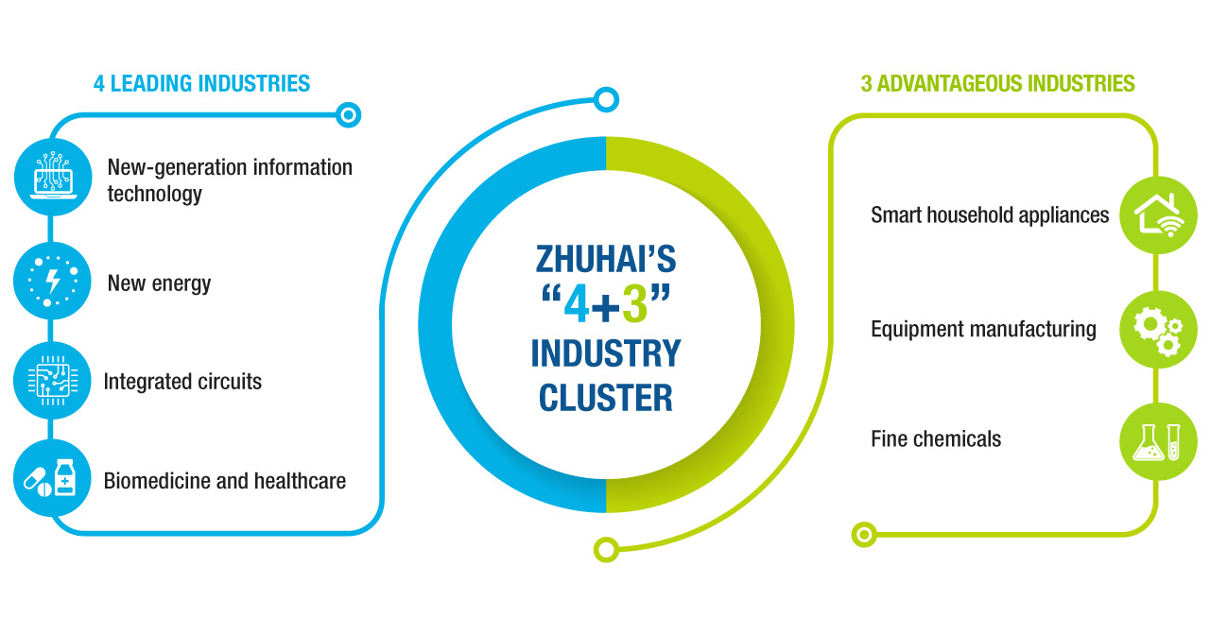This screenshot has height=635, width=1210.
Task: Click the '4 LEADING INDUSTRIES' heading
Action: point(201,83)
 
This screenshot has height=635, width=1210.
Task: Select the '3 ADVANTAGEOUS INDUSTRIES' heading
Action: point(997,83)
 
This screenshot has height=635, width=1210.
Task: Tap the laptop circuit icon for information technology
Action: point(53,177)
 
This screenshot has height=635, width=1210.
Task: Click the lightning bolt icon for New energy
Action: point(53,282)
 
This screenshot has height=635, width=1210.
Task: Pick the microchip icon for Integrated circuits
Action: point(53,381)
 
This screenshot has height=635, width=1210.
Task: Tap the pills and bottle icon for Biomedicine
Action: point(53,478)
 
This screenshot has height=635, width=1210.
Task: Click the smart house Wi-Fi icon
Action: point(1158,215)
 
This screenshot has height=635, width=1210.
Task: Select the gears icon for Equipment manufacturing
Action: point(1158,329)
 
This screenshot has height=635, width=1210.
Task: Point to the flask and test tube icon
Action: point(1158,441)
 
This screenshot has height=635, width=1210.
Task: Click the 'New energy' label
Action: point(159,283)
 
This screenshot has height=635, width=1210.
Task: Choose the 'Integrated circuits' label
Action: point(182,382)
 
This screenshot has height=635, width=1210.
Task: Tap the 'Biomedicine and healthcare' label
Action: point(224,480)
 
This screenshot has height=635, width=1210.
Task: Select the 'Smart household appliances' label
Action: point(990,215)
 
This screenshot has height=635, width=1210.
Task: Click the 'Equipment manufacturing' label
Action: point(983,329)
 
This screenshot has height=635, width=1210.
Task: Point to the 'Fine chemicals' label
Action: point(936,438)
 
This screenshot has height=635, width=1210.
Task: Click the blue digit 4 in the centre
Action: point(577,304)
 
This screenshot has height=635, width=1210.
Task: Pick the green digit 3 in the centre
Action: point(635,304)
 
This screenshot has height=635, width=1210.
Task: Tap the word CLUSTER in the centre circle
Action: point(606,398)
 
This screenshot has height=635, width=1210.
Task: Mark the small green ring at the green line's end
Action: point(863,535)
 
